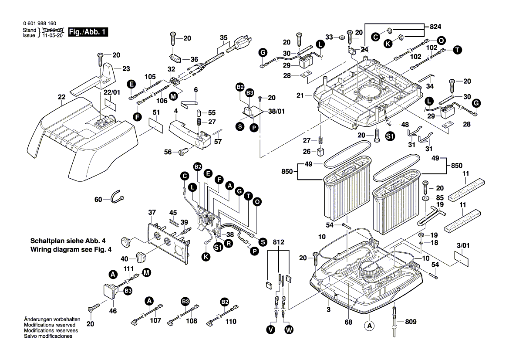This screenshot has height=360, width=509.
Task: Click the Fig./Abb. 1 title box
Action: [x=85, y=32]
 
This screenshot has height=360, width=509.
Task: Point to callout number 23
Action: [x=126, y=68]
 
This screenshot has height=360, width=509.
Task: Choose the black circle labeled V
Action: [x=271, y=330]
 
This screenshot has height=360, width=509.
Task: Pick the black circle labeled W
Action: [x=288, y=330]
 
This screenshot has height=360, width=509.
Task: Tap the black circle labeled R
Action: [x=228, y=244]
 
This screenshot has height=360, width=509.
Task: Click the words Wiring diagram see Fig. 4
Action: [x=71, y=250]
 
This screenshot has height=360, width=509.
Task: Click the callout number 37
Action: [x=151, y=212]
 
